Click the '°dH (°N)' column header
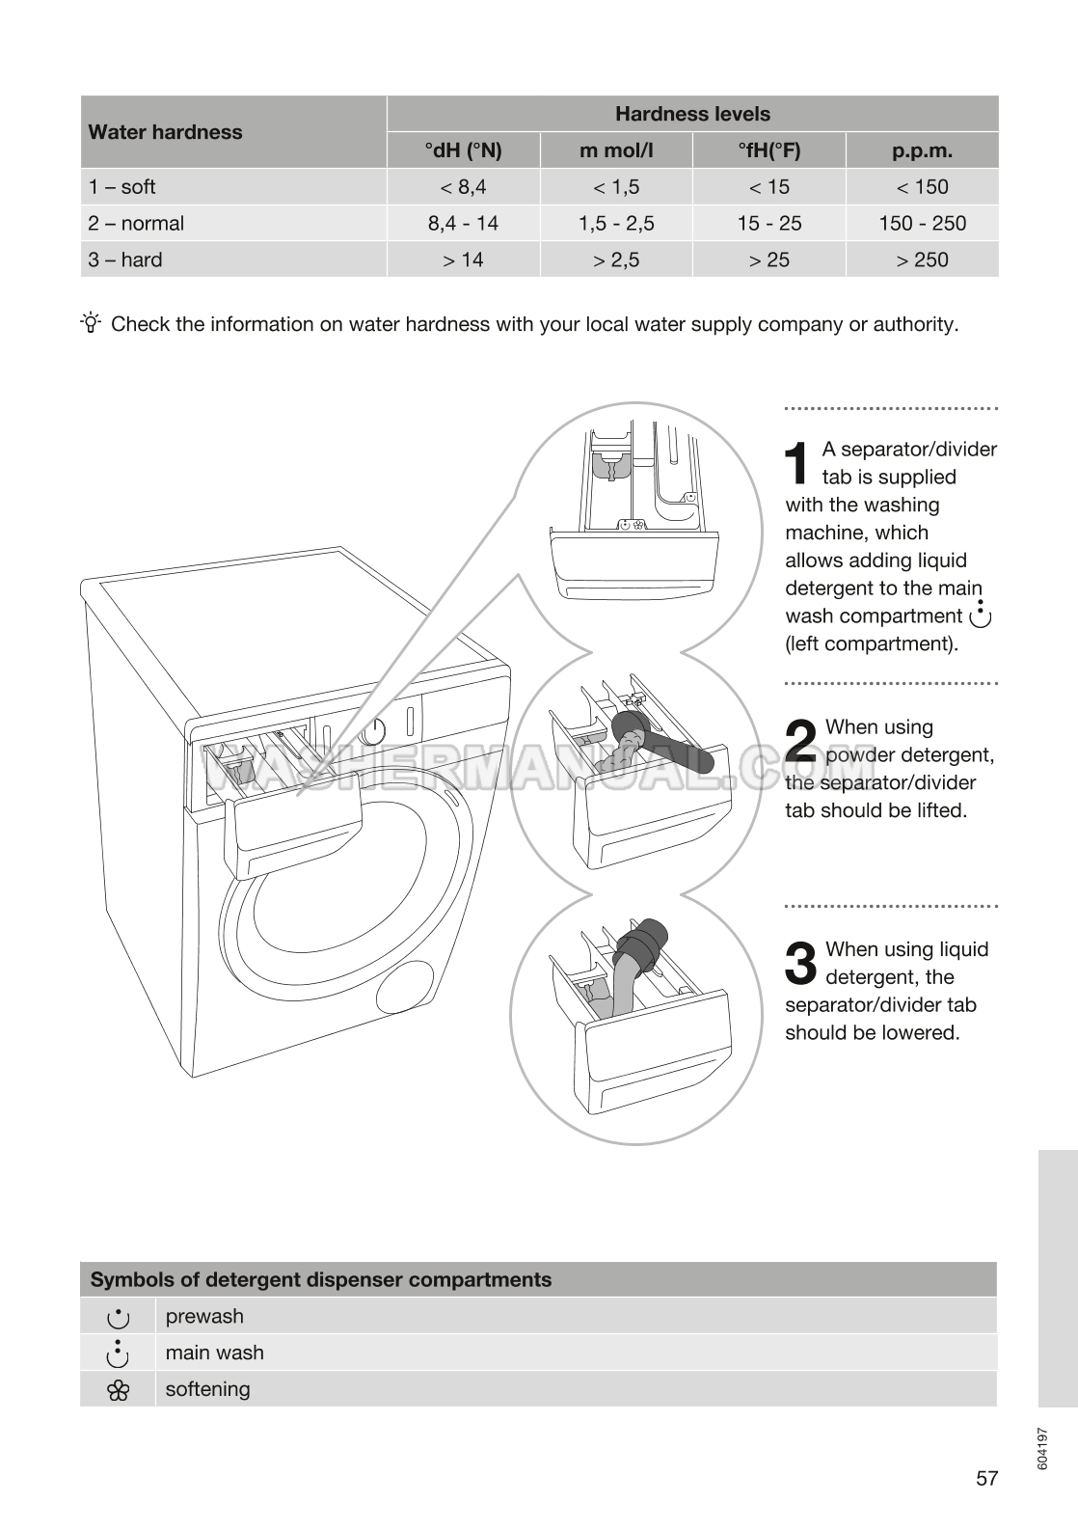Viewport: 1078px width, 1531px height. pyautogui.click(x=463, y=150)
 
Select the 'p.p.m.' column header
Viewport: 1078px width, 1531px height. pyautogui.click(x=922, y=150)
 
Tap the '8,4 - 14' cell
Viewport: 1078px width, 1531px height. pyautogui.click(x=463, y=223)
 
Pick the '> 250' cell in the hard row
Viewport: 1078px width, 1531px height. pyautogui.click(x=922, y=260)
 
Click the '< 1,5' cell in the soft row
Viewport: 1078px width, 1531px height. pyautogui.click(x=616, y=187)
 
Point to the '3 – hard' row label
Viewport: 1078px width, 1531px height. pyautogui.click(x=125, y=260)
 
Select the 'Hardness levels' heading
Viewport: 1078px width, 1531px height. pyautogui.click(x=692, y=114)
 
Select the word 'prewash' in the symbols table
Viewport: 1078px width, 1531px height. pyautogui.click(x=204, y=1316)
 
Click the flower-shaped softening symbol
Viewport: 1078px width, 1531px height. pyautogui.click(x=118, y=1390)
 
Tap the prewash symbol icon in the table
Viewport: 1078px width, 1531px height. pyautogui.click(x=118, y=1317)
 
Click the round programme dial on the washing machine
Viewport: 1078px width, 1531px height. pyautogui.click(x=373, y=731)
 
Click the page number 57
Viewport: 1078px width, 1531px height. pyautogui.click(x=986, y=1478)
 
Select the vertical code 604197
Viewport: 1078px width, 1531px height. pyautogui.click(x=1042, y=1448)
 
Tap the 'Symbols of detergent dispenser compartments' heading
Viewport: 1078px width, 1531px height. pyautogui.click(x=321, y=1280)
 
